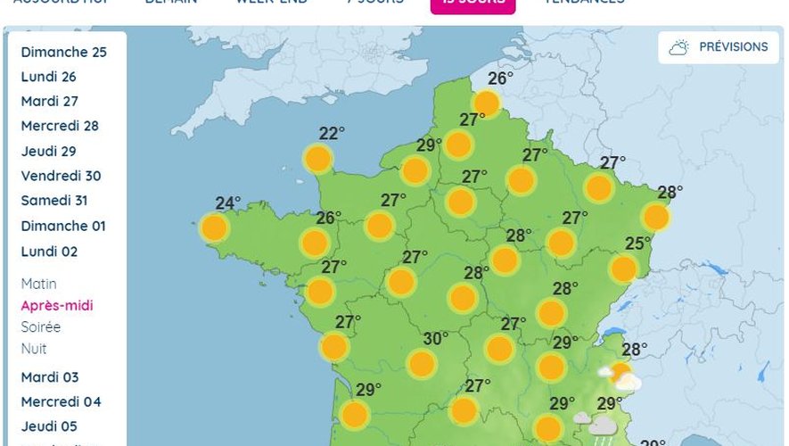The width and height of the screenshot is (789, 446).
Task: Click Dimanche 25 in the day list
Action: point(63,52)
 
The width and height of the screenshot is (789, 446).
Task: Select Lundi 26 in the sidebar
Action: point(49,77)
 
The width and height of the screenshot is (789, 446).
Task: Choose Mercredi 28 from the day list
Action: point(60,126)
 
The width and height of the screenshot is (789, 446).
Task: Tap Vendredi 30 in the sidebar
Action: point(61,176)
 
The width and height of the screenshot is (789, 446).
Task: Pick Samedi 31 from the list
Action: point(54,201)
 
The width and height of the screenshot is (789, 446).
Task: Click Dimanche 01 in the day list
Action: point(63,226)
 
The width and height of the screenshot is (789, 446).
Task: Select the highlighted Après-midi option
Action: point(57,306)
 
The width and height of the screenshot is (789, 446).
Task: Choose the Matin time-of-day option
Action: point(39,284)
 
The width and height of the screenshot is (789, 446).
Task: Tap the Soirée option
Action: point(41,327)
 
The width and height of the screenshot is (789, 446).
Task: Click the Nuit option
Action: point(34,349)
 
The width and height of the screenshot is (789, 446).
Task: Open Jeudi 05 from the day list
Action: point(49,426)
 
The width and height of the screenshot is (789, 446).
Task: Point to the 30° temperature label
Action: point(435,339)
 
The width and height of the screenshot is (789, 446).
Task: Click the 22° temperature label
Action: point(332,134)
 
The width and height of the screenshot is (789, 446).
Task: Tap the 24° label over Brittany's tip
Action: point(228,202)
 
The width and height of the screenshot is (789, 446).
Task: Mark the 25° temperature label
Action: point(637,243)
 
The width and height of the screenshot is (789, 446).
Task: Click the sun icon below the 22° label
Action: point(317,160)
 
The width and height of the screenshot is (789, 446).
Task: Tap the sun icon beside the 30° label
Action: point(421,363)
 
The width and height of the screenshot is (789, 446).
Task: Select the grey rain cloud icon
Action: point(603,427)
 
